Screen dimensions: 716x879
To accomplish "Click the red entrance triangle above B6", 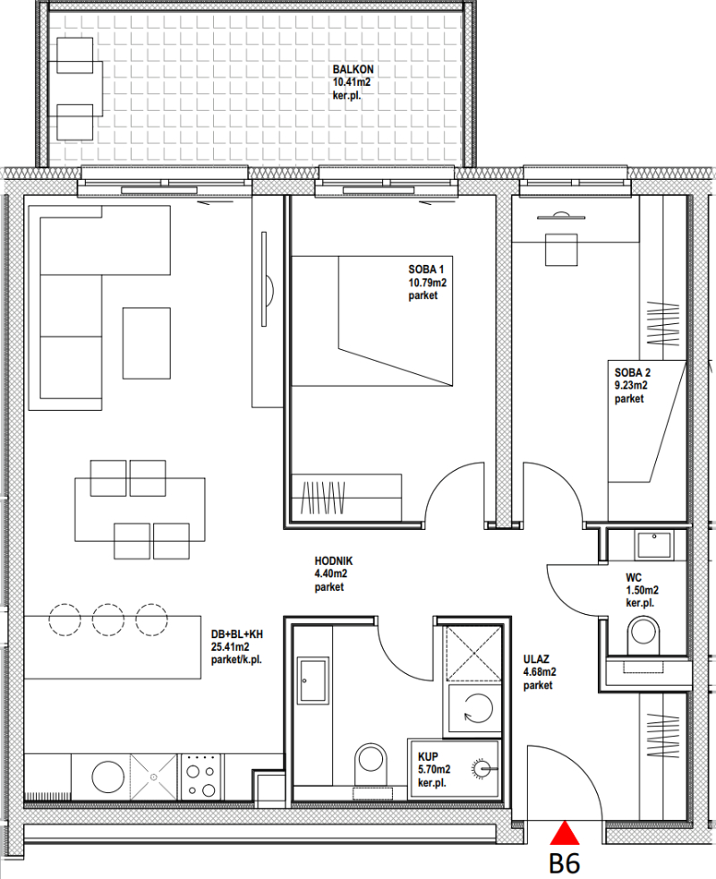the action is point(565,833).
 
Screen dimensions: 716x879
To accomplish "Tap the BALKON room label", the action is point(353,70).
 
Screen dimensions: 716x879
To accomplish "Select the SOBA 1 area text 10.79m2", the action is point(427,283).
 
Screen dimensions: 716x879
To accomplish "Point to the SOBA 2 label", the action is point(633,372).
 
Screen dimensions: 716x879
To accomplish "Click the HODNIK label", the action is point(334,560).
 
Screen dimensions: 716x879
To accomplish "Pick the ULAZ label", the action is point(536,659).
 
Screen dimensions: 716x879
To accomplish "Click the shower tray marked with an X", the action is point(473,653).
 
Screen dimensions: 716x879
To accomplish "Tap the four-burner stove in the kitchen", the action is point(201,776).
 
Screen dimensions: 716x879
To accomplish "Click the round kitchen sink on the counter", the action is point(107,777).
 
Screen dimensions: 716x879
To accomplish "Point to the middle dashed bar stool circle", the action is point(108,619).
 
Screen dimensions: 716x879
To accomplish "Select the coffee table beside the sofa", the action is point(147,343).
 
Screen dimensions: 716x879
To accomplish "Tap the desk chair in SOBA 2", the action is point(561,250).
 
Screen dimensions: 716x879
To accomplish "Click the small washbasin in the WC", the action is point(653,544).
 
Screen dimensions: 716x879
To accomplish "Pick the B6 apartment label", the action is point(565,863).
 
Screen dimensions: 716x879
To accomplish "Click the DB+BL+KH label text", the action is point(236,635).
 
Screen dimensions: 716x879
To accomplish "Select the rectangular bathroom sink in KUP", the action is point(313,680).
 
